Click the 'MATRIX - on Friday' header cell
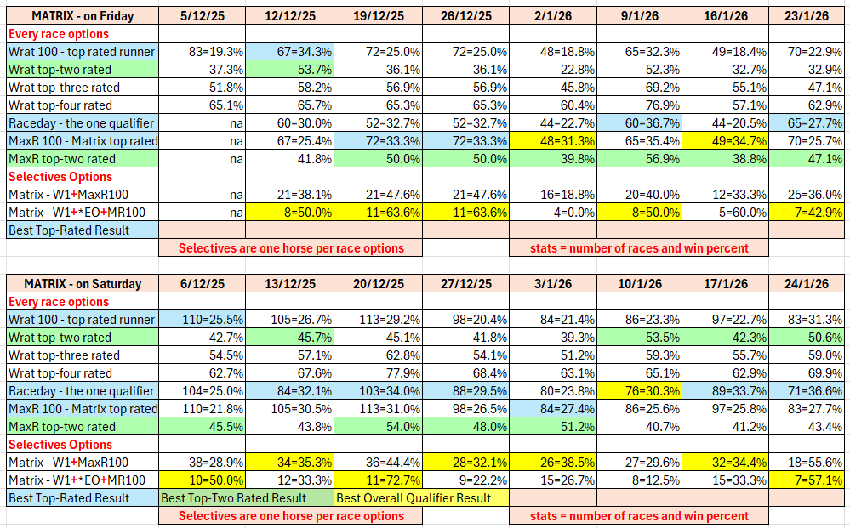82,16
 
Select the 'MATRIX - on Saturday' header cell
82,284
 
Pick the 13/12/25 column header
289,284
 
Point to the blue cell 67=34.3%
289,52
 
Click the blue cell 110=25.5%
202,320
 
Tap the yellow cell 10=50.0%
202,480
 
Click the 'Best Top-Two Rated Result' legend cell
245,498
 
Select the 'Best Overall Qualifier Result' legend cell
420,498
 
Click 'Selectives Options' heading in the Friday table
60,177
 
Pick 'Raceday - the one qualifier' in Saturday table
82,391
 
